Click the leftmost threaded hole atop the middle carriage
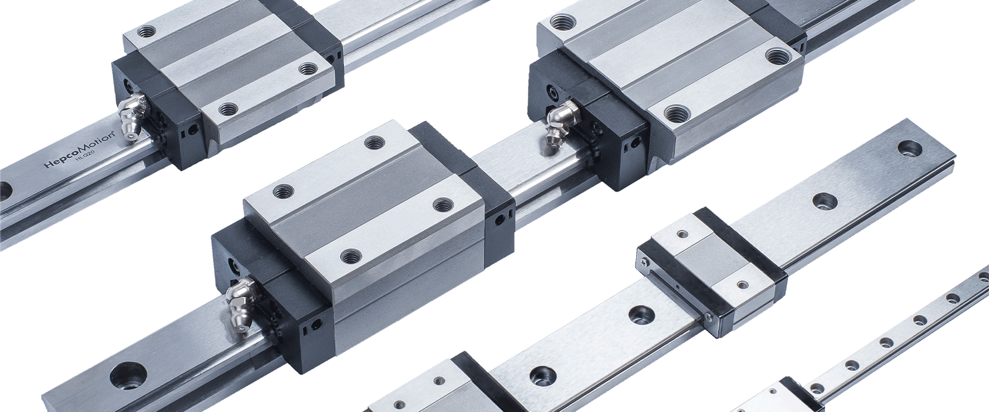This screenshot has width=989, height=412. click(284, 191)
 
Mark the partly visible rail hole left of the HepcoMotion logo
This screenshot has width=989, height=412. click(5, 192)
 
